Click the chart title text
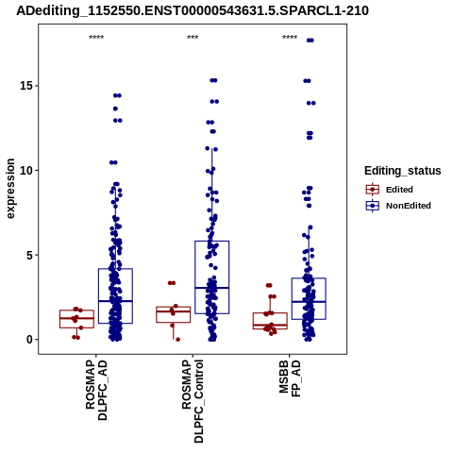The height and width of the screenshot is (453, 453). (193, 10)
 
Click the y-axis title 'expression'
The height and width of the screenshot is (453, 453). (10, 189)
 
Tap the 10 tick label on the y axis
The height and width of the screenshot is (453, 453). (26, 170)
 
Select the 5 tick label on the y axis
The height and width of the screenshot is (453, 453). (30, 255)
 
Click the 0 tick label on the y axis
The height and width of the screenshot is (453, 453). (30, 340)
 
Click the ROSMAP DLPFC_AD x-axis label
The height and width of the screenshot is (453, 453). (96, 391)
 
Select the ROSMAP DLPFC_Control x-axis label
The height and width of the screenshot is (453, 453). (193, 401)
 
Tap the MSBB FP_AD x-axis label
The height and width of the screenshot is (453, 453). (290, 378)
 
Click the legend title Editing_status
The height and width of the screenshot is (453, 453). (403, 171)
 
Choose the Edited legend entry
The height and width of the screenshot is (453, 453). (390, 190)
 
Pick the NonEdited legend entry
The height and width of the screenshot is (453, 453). (398, 206)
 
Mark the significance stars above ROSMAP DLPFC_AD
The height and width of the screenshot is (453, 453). (96, 38)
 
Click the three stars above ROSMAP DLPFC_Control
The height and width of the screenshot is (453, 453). (193, 38)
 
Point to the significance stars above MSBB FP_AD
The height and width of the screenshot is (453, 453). (290, 38)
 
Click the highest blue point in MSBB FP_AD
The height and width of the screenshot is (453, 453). (310, 41)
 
